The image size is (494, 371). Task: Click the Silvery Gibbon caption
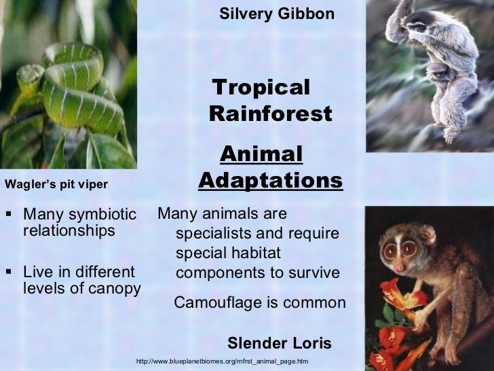coord(277,14)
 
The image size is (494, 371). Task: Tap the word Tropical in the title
coord(261,88)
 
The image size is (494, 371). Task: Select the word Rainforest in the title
coord(271,114)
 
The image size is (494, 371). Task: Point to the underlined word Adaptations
coord(271,181)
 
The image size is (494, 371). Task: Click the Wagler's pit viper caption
coord(56,183)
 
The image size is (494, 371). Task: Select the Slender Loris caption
coord(280,343)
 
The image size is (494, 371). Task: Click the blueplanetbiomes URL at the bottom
coord(222,361)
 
